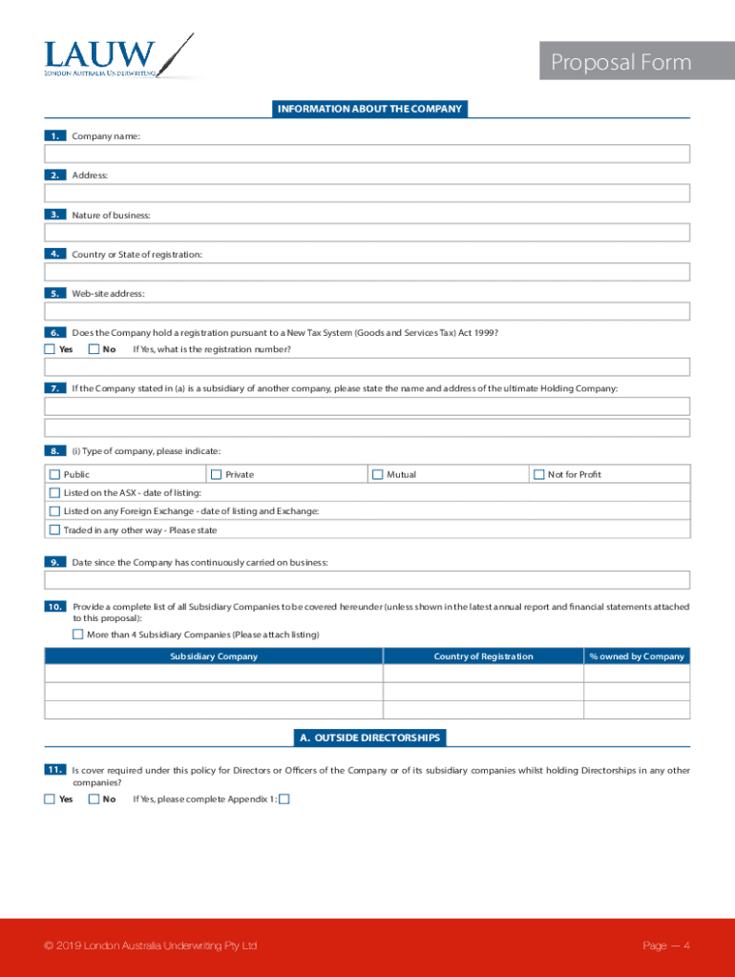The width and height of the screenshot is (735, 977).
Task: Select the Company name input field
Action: pyautogui.click(x=367, y=155)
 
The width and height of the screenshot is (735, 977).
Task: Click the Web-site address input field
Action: pyautogui.click(x=367, y=311)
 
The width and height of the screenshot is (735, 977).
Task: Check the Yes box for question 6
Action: pyautogui.click(x=50, y=349)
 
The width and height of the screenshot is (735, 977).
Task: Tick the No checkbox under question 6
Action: pyautogui.click(x=94, y=349)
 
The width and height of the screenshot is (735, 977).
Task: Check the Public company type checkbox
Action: pyautogui.click(x=54, y=474)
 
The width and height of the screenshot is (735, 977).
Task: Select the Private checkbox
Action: pyautogui.click(x=216, y=474)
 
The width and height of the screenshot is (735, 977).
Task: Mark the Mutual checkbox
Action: pyautogui.click(x=377, y=474)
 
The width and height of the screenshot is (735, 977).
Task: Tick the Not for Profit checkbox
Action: pyautogui.click(x=538, y=474)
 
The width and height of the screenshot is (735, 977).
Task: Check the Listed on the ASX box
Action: pyautogui.click(x=54, y=492)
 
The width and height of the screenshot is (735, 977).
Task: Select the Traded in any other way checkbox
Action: pyautogui.click(x=54, y=530)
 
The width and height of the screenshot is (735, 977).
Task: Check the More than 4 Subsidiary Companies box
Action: pyautogui.click(x=77, y=634)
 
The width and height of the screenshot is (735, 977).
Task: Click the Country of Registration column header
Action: pyautogui.click(x=483, y=656)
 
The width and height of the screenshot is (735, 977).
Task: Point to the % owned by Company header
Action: pyautogui.click(x=637, y=656)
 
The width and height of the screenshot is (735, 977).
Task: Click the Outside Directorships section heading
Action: pyautogui.click(x=369, y=738)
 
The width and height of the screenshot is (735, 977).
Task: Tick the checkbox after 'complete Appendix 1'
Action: pyautogui.click(x=283, y=800)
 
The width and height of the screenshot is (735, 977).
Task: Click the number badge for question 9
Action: pyautogui.click(x=54, y=562)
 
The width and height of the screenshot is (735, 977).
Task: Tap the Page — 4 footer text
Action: pyautogui.click(x=666, y=946)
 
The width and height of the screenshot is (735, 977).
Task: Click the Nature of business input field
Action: pyautogui.click(x=367, y=233)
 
